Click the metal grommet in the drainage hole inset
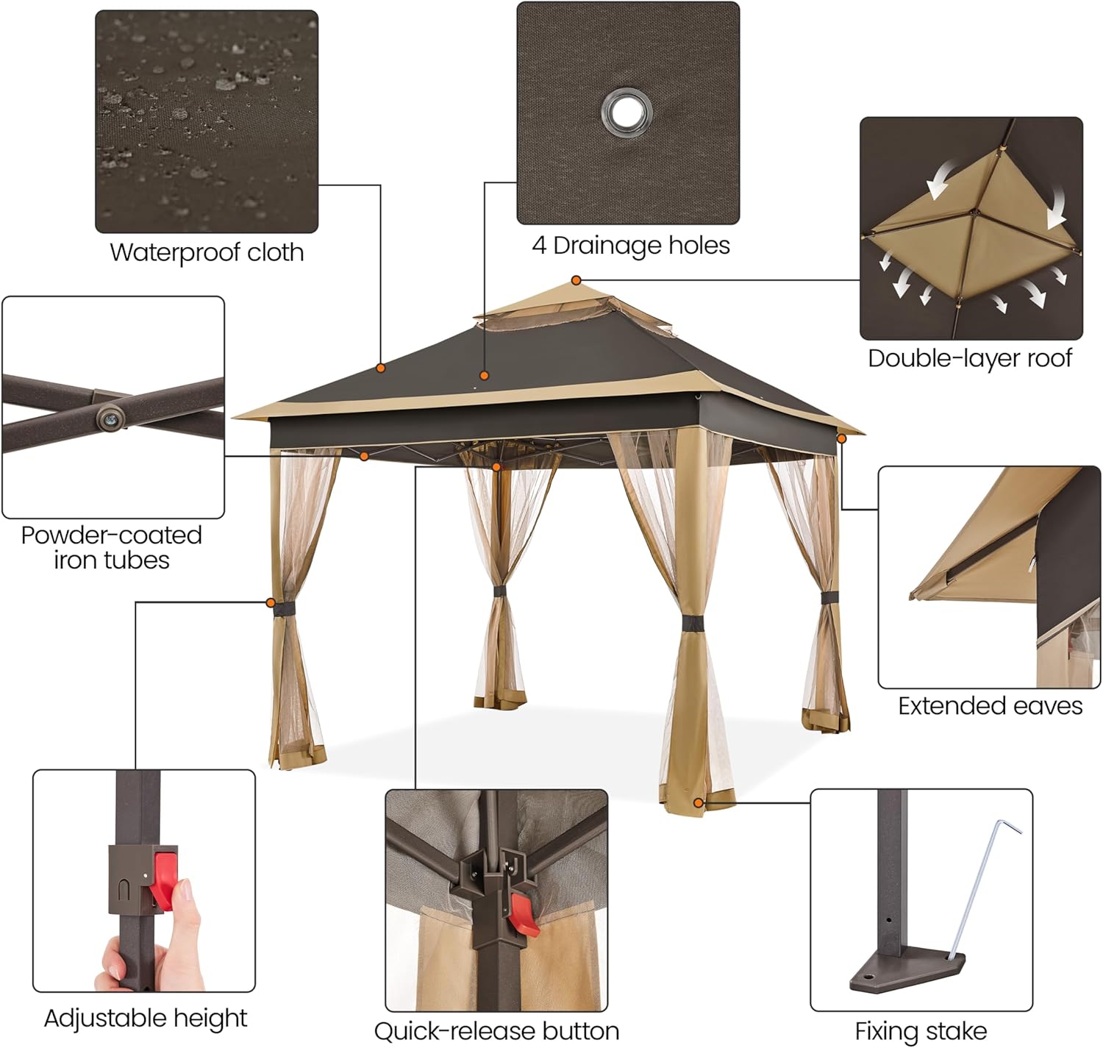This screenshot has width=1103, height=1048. (x=626, y=113)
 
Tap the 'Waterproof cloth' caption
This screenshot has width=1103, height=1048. (x=207, y=252)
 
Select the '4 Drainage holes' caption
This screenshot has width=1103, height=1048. (x=630, y=246)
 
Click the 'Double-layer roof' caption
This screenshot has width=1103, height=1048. (x=969, y=358)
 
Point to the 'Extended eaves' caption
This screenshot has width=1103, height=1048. (x=990, y=706)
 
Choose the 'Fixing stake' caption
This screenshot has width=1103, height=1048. (x=921, y=1031)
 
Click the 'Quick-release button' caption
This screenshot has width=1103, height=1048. (x=496, y=1031)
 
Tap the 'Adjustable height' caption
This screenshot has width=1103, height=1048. (x=146, y=1018)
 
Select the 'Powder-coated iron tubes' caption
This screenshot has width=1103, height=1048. (x=111, y=547)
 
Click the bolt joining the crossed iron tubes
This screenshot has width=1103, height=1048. (x=110, y=418)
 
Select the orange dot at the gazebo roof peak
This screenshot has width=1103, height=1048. (x=577, y=280)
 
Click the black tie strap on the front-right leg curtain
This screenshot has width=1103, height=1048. (x=691, y=624)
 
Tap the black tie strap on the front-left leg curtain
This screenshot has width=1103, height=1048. (x=283, y=608)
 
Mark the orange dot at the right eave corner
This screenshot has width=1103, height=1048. (x=841, y=438)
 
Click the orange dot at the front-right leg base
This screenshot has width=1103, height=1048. (x=698, y=802)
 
